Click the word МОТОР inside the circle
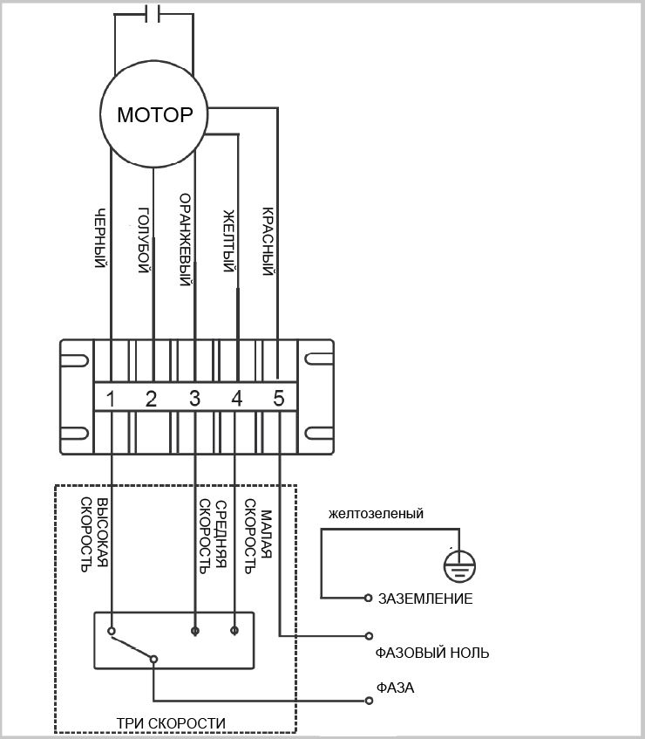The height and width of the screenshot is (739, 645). coord(155,114)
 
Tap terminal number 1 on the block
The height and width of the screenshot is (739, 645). coord(111,399)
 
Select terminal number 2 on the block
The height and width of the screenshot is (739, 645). coord(151,399)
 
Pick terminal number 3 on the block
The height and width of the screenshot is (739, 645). coord(194,399)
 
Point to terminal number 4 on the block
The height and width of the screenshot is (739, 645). coord(237,399)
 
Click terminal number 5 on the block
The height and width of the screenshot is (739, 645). coord(279,399)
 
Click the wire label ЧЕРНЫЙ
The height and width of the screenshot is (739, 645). coord(100,238)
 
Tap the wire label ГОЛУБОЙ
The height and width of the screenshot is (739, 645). coord(144,240)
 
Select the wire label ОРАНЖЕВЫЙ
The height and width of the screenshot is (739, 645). coord(186,239)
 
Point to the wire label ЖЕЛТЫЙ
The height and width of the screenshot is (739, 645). coord(227,241)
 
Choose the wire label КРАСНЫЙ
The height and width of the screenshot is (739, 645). coord(268,241)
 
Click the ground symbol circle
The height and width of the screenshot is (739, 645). coord(460,565)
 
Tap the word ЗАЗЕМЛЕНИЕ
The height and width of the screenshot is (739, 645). coord(425,599)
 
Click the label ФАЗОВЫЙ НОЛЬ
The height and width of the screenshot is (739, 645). coord(432,653)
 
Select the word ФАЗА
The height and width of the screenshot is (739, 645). coord(396,688)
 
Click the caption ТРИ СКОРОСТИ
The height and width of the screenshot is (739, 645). coord(171,723)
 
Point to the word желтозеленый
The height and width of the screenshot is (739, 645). coord(377,513)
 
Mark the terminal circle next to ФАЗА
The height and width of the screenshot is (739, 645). coord(369,701)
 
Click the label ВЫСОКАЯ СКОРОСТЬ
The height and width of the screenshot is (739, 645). coord(94,535)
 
